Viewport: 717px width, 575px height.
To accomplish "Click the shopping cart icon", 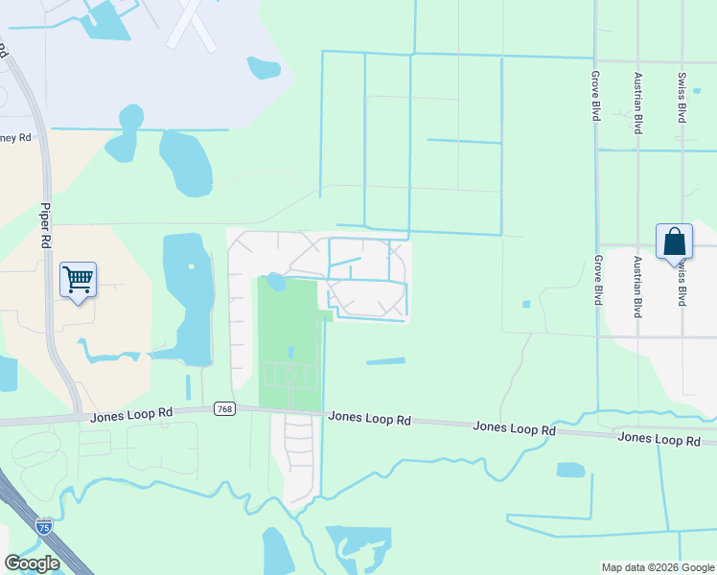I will point(78,280).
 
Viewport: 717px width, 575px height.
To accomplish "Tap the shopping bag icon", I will point(674,241).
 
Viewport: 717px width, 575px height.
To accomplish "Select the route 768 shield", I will point(224,408).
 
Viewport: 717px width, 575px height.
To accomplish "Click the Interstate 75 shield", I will point(43,524).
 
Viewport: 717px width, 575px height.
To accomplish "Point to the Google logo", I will point(32,563).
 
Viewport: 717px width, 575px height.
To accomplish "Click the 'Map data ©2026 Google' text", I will point(657,567).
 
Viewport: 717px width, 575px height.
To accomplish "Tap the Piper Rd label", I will point(44,225).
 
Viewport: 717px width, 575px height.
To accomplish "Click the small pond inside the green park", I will point(275,282).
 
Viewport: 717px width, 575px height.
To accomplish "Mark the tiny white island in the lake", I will point(191,266).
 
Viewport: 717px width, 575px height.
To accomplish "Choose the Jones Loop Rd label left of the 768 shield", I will point(131,414).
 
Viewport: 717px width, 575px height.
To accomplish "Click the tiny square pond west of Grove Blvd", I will point(525,305).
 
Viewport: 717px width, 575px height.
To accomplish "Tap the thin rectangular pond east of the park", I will point(385,361).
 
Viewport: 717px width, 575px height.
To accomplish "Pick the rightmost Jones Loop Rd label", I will point(659,438).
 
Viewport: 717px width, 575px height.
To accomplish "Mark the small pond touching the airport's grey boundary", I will point(264,67).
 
